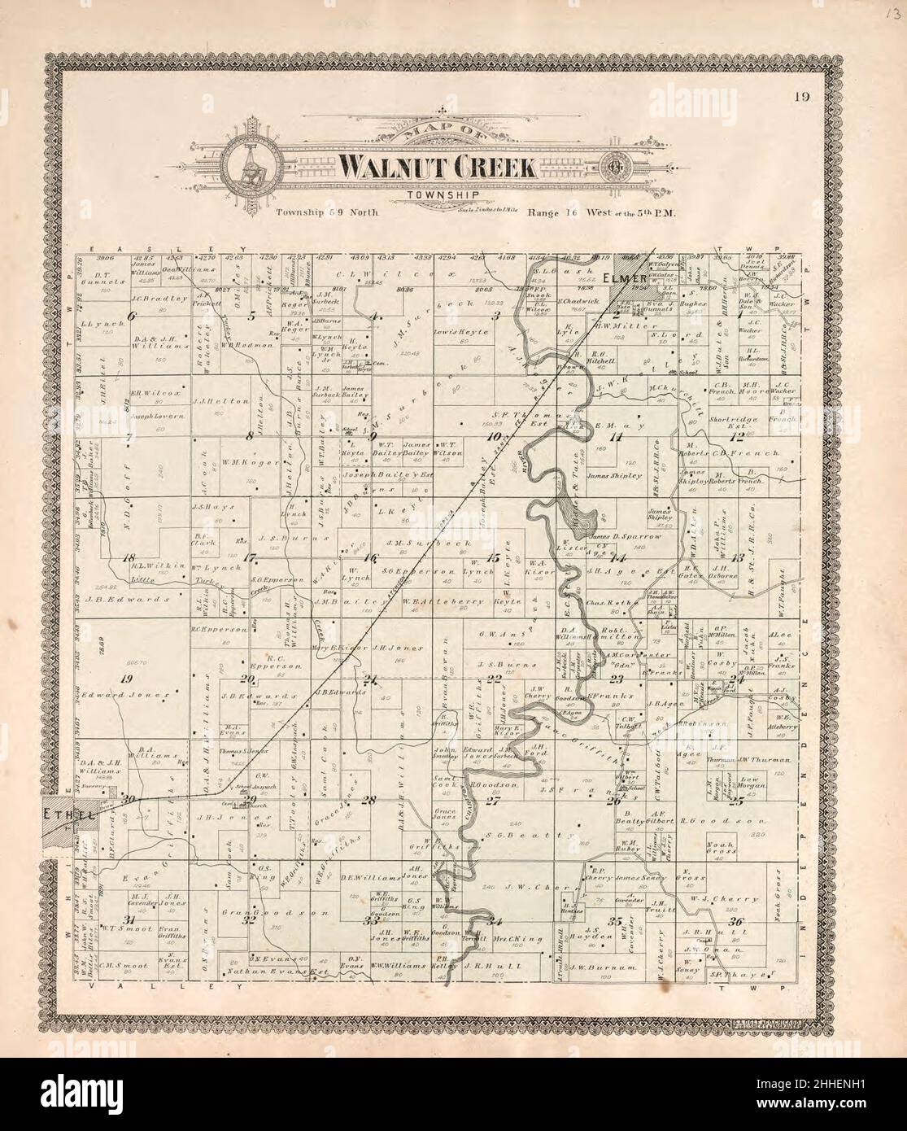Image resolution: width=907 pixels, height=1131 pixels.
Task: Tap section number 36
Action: pyautogui.click(x=737, y=921)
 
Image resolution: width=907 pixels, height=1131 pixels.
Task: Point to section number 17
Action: pyautogui.click(x=251, y=557)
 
